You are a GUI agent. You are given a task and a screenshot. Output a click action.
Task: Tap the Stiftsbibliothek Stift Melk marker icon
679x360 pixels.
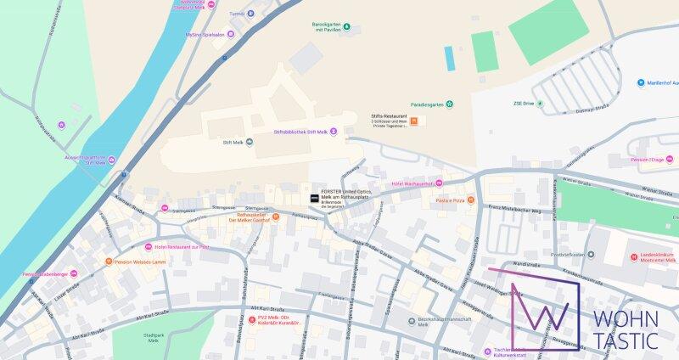tap(334, 132)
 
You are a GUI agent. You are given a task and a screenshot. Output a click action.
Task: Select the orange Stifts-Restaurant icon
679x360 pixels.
tap(413, 122)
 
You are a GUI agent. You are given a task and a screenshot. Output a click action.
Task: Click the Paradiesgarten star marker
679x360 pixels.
tap(450, 104)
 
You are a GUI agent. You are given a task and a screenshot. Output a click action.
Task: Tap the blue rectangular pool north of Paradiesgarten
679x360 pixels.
tap(448, 58)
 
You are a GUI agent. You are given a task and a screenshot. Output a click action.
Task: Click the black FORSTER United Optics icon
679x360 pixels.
tap(314, 198)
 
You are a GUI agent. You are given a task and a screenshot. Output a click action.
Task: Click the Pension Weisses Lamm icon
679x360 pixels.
tap(108, 262)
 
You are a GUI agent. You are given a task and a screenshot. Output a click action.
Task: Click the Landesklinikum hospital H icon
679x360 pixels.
tap(633, 257)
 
